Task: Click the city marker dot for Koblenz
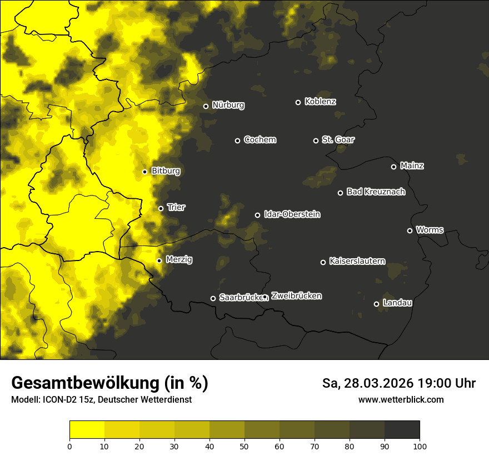(x=298, y=102)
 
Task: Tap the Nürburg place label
(x=228, y=105)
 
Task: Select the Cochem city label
(x=260, y=139)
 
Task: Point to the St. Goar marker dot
(x=316, y=141)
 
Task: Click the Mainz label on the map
(x=412, y=166)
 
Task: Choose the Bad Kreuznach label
(x=376, y=192)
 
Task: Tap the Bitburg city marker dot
(x=144, y=172)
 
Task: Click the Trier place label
(x=176, y=207)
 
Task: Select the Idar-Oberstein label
(x=292, y=214)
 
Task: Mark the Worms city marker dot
(x=410, y=231)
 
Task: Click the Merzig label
(x=179, y=259)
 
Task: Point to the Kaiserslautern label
(x=357, y=261)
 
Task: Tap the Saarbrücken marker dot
(x=213, y=298)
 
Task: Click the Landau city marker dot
(x=376, y=304)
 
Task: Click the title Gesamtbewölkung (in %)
(x=109, y=383)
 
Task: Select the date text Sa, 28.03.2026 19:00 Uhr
(x=398, y=383)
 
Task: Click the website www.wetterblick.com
(x=401, y=399)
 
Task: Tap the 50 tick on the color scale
(x=244, y=446)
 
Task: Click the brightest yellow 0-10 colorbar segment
(x=87, y=430)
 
